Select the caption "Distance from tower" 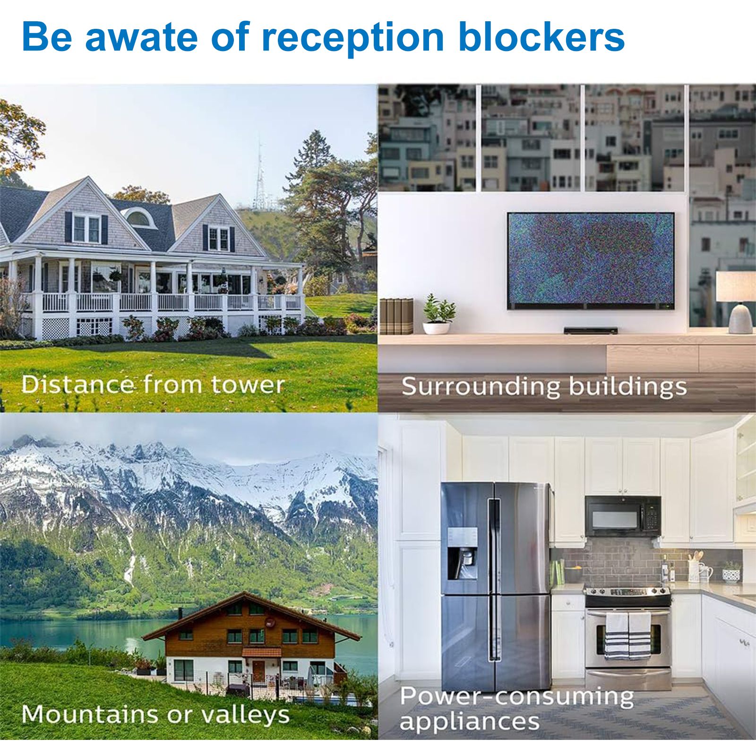tap(153, 384)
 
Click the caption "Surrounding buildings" tap(544, 387)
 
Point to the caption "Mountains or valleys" tap(155, 714)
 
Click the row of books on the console tap(396, 316)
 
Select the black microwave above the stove tap(623, 516)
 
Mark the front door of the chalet tap(258, 671)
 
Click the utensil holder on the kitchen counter tap(694, 570)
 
